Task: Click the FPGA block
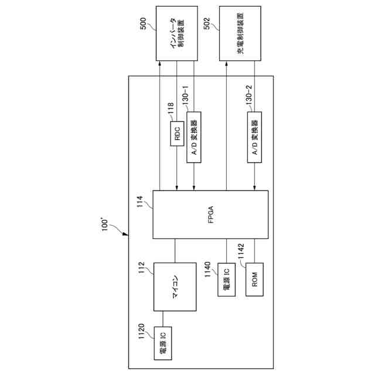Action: [210, 214]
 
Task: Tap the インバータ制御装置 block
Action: [176, 33]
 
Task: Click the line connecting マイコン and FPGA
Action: [175, 250]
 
